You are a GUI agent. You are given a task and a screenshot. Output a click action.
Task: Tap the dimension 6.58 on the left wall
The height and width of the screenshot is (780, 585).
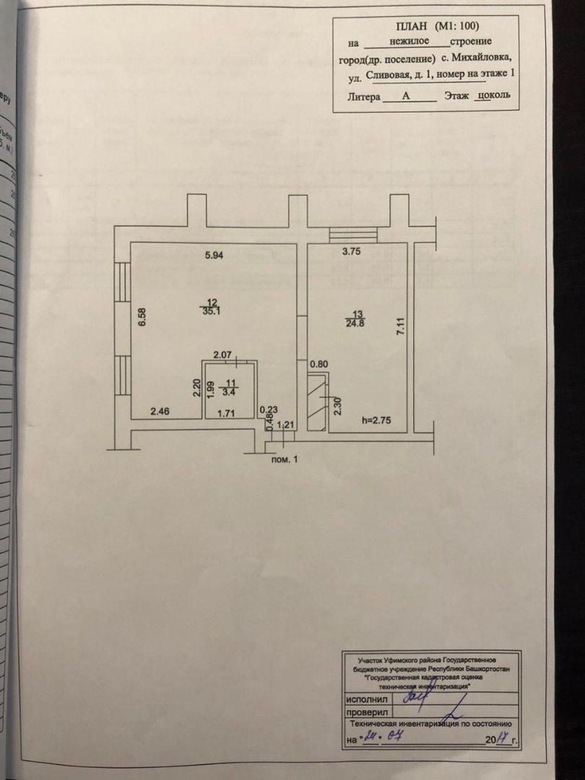tap(142, 317)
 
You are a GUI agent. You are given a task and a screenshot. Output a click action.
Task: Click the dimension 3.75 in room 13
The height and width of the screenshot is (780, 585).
tap(351, 252)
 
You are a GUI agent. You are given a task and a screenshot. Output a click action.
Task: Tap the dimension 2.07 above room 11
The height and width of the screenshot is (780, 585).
tap(222, 355)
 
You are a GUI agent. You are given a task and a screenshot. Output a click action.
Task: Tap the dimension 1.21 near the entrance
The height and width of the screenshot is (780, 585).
tap(287, 425)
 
